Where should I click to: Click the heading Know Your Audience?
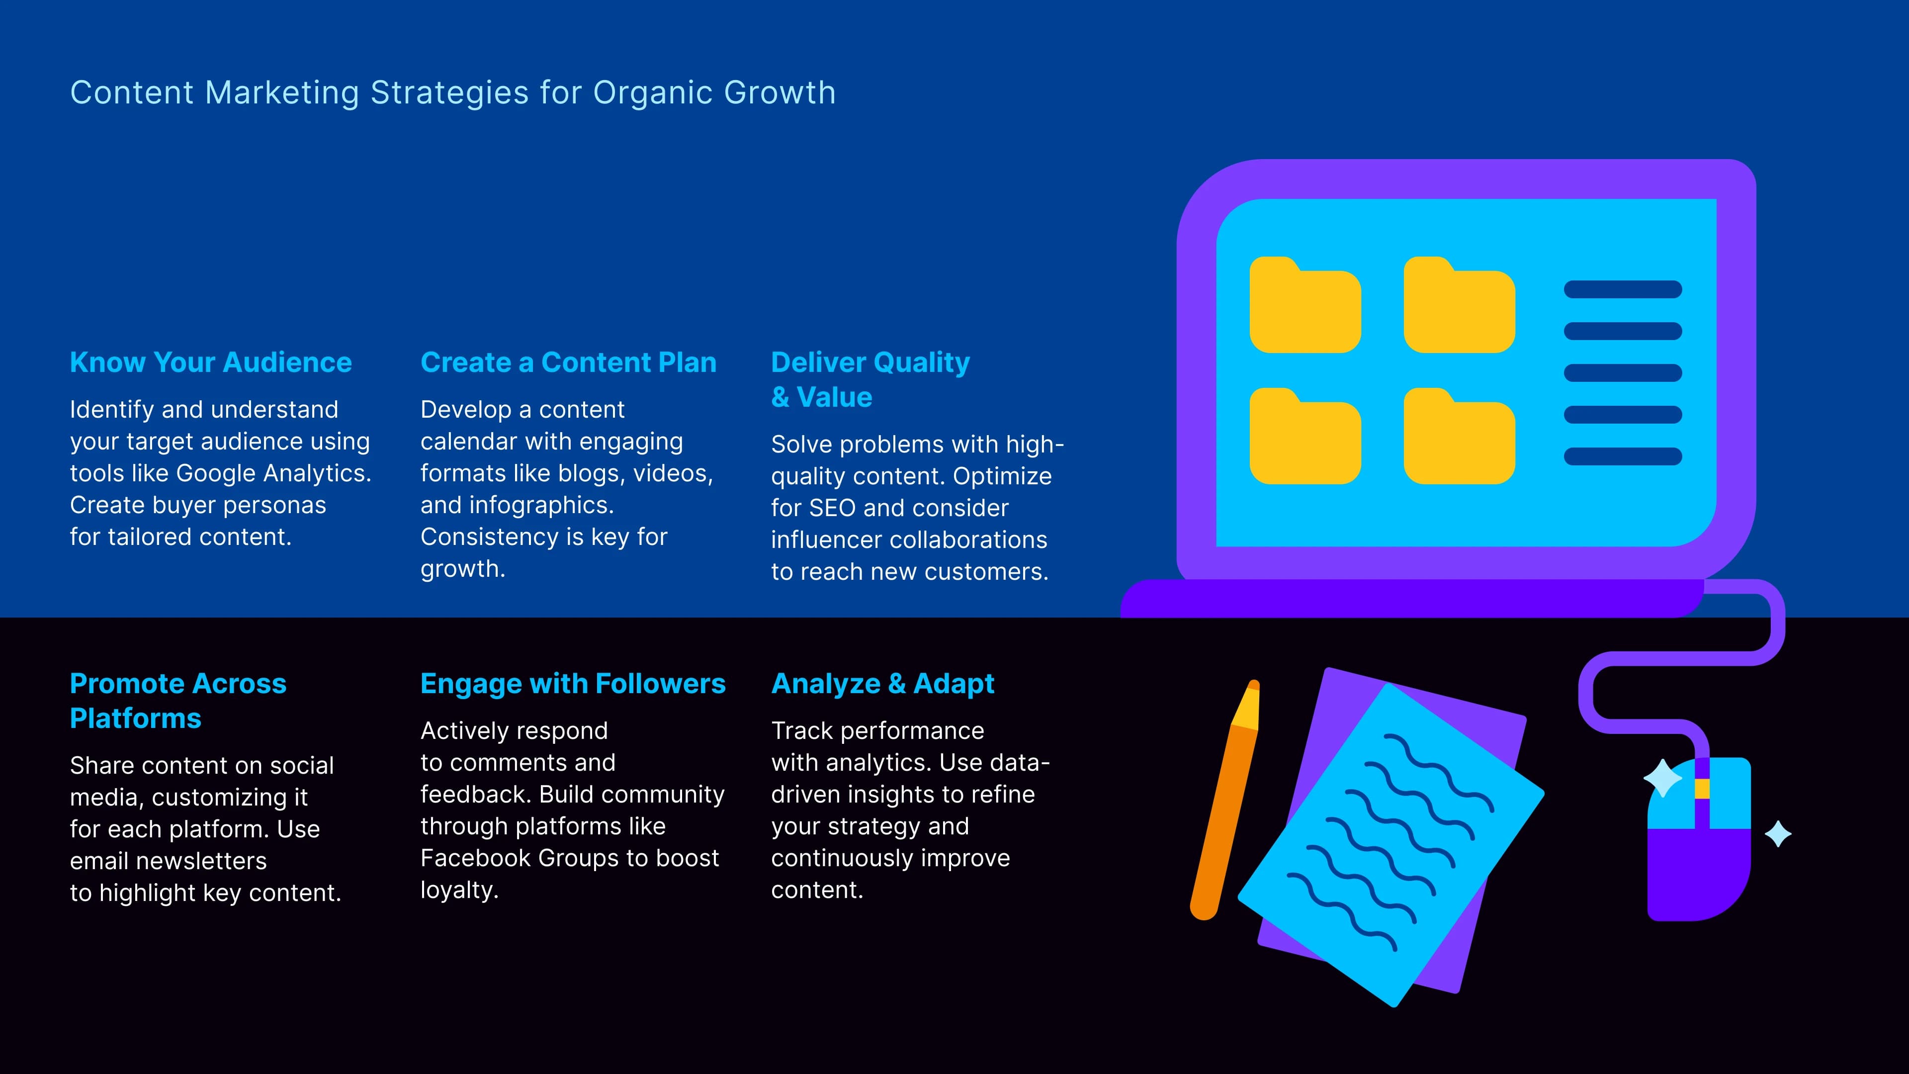(x=210, y=362)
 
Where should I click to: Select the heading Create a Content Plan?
(x=568, y=362)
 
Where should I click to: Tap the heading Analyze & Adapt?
(x=882, y=683)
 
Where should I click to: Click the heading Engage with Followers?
(x=572, y=683)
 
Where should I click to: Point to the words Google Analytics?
(x=273, y=473)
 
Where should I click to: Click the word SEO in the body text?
(x=832, y=508)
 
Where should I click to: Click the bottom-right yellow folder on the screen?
(x=1459, y=438)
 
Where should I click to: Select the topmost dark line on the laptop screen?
(x=1622, y=289)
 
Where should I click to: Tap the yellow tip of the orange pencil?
(x=1248, y=705)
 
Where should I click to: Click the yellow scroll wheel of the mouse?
(x=1702, y=788)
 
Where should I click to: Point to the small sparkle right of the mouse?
(x=1777, y=834)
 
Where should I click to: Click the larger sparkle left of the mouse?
(x=1662, y=778)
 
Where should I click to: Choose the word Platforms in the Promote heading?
(x=136, y=718)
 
